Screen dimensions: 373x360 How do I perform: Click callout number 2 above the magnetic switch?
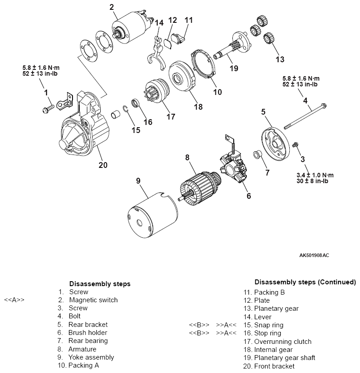(111, 7)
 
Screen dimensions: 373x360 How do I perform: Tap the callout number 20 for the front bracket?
(103, 165)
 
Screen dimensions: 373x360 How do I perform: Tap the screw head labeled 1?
(47, 108)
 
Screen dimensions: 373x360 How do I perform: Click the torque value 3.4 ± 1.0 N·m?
(315, 175)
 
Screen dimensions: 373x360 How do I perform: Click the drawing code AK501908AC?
(314, 255)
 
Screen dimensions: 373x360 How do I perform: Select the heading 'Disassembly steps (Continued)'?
(305, 282)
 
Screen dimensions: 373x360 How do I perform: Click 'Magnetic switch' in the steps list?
(93, 300)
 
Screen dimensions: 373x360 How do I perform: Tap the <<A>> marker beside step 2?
(14, 300)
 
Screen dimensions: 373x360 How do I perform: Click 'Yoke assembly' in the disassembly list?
(91, 357)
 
